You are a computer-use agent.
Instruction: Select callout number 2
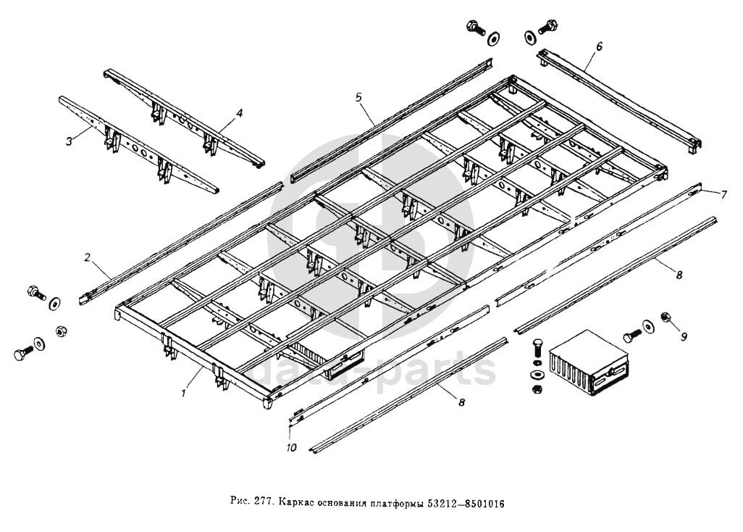click(88, 257)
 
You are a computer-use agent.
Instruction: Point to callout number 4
click(240, 113)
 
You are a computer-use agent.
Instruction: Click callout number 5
click(358, 96)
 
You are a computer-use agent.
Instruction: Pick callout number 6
click(599, 46)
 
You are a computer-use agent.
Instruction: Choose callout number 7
click(723, 195)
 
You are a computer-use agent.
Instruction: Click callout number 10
click(291, 447)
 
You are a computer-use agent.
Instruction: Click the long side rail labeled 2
click(181, 241)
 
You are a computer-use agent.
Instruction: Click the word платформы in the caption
click(398, 502)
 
